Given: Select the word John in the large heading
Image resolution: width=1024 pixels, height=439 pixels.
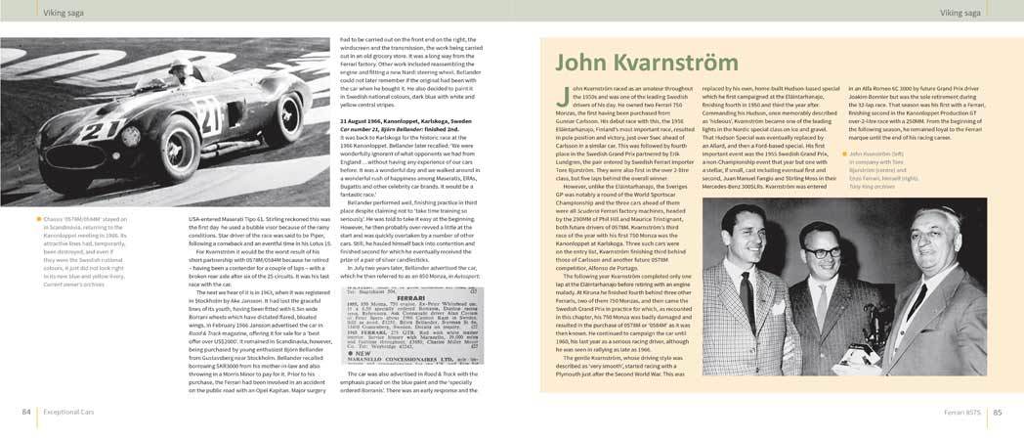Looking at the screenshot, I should (x=588, y=64).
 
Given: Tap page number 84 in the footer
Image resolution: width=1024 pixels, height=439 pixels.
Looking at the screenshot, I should (x=26, y=412).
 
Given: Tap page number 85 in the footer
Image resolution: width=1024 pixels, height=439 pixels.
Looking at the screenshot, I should (x=998, y=412).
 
